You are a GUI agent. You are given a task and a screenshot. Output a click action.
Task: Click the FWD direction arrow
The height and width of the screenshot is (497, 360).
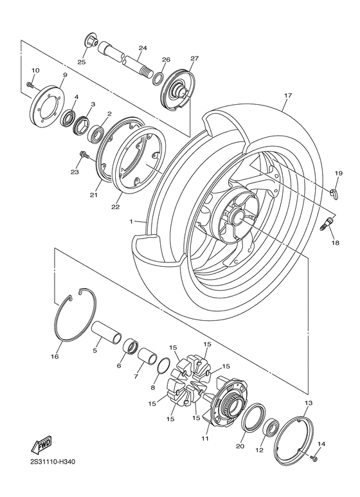pyautogui.click(x=41, y=445)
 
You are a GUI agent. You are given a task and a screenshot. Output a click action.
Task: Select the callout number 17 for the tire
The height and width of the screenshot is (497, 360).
pyautogui.click(x=288, y=95)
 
